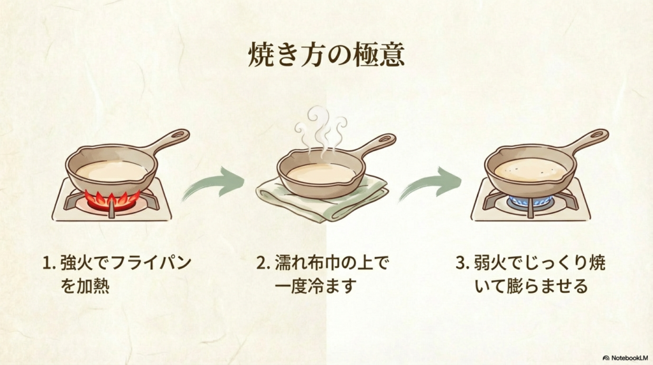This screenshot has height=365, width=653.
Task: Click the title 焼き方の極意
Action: click(326, 56)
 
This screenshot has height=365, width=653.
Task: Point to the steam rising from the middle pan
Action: click(321, 131)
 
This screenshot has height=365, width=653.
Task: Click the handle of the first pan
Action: click(168, 140)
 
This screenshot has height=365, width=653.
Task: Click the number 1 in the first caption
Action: click(46, 263)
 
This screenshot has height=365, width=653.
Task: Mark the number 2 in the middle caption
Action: click(260, 263)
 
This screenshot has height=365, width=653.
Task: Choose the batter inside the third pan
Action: click(530, 169)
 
